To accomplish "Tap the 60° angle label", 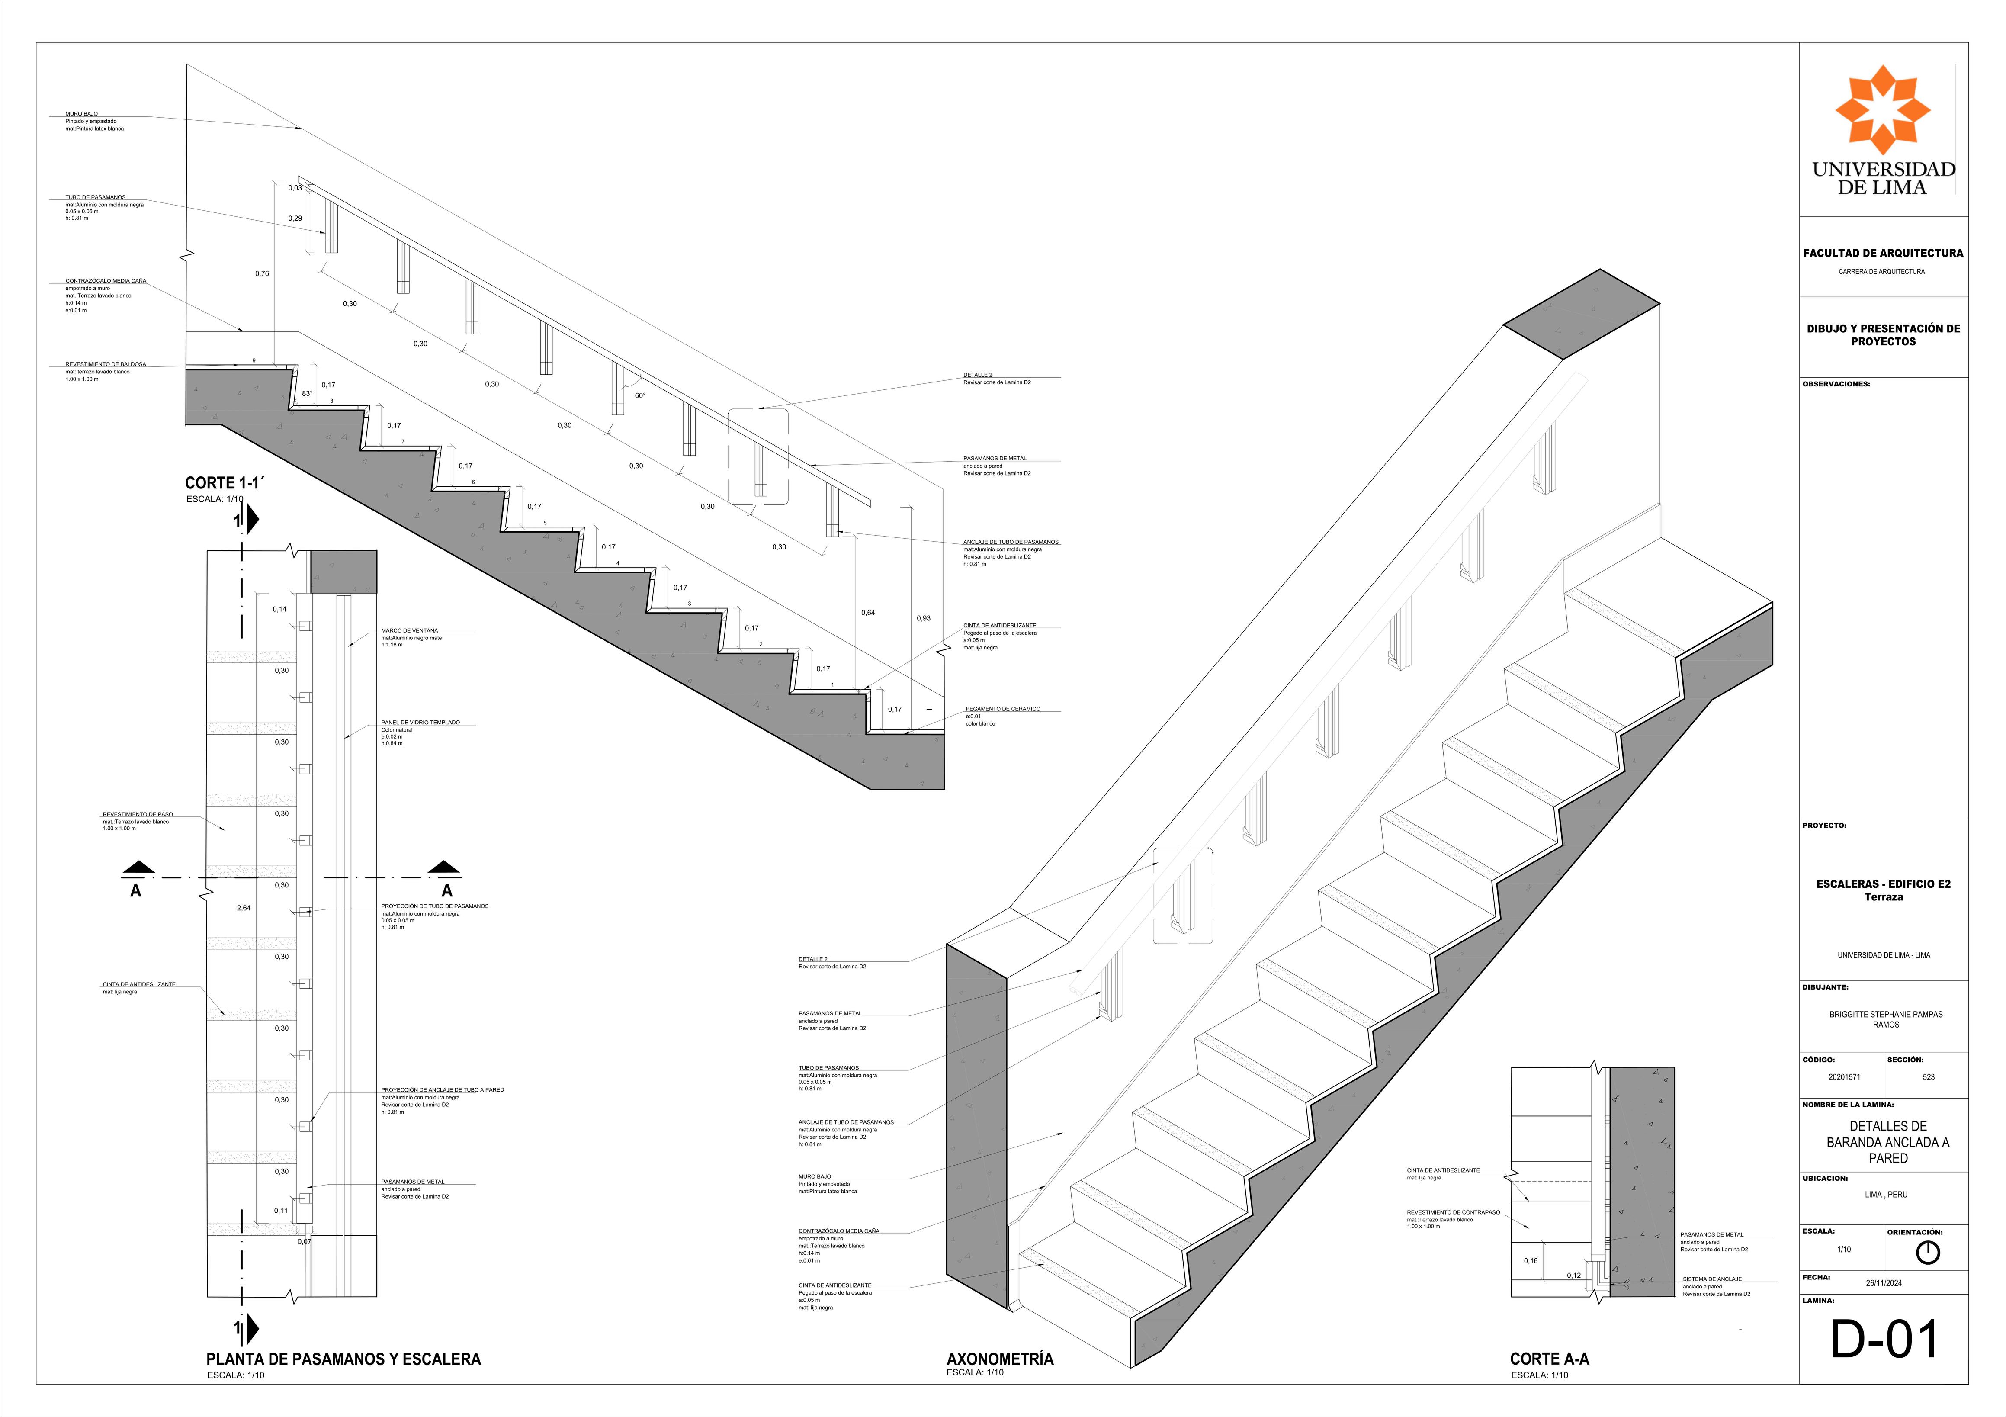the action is [x=640, y=396].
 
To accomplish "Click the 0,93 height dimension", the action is [x=924, y=619].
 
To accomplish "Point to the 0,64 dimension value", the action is [x=867, y=613].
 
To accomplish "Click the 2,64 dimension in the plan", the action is [x=244, y=909].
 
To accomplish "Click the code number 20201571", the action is [x=1844, y=1077].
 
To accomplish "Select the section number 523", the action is [x=1928, y=1077].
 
